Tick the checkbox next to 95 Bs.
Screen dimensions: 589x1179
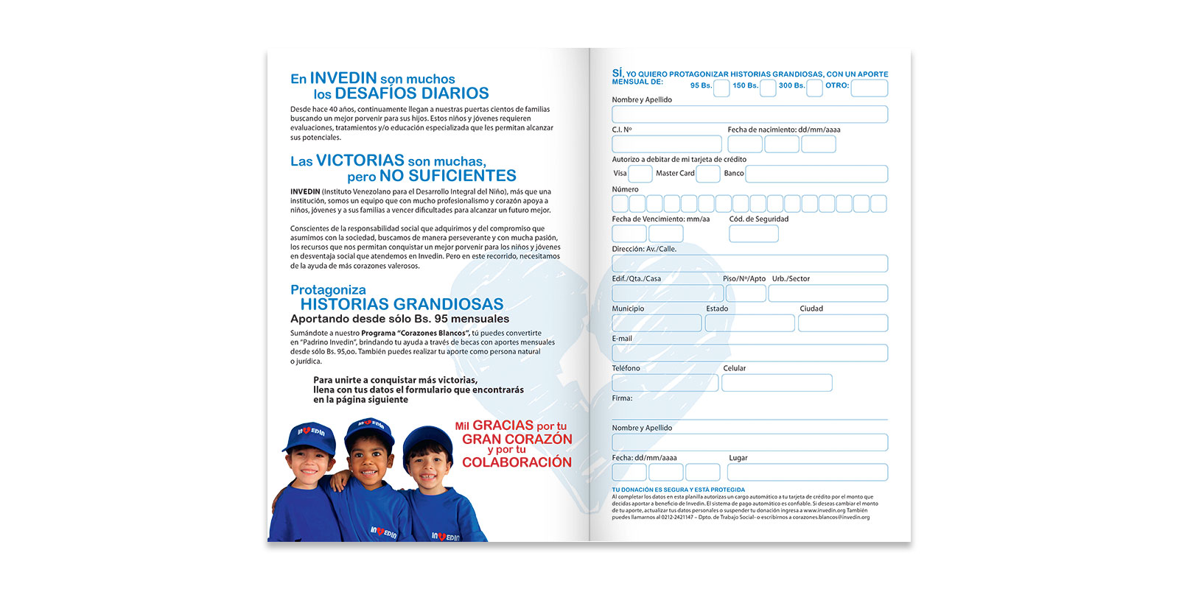click(721, 88)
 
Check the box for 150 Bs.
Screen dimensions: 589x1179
click(768, 88)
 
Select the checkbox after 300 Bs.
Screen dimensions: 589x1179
click(814, 88)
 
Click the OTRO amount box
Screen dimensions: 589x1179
click(869, 88)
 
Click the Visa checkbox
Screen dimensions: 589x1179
click(640, 174)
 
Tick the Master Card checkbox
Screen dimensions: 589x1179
click(707, 174)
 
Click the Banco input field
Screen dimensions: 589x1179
click(816, 174)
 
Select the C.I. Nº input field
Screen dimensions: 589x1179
click(666, 144)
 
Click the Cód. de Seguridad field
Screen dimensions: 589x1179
click(753, 234)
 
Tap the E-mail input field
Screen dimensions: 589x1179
click(749, 353)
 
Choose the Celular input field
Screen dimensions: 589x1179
click(777, 383)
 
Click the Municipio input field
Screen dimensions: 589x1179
click(656, 323)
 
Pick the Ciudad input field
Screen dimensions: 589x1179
click(843, 323)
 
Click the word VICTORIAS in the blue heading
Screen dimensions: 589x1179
click(360, 161)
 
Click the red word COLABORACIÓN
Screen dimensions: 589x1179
click(517, 462)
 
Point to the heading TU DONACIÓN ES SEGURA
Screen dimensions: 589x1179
click(678, 490)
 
